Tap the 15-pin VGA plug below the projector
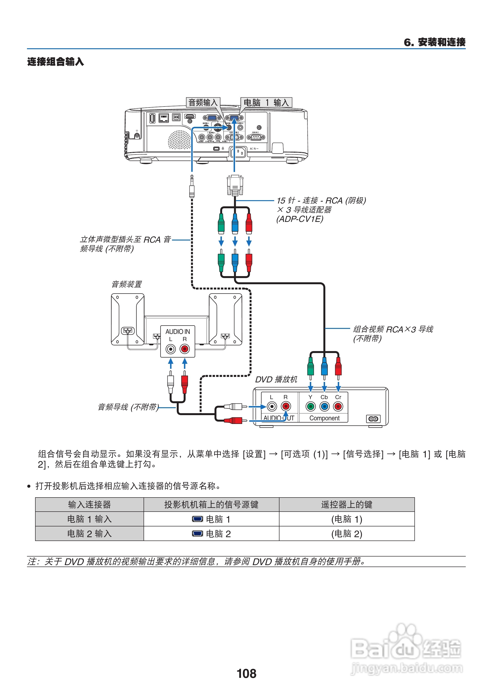pos(235,185)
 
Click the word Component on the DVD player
pos(324,418)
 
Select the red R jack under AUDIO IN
pos(185,349)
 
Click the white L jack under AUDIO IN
pos(171,349)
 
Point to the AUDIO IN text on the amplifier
pos(177,332)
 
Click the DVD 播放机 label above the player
pos(276,380)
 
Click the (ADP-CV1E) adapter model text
pos(300,219)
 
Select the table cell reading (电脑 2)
pos(346,534)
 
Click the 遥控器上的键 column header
pos(346,504)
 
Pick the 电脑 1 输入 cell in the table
pos(89,519)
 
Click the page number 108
pos(246,674)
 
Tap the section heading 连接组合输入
pos(56,62)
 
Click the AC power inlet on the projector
pos(239,152)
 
